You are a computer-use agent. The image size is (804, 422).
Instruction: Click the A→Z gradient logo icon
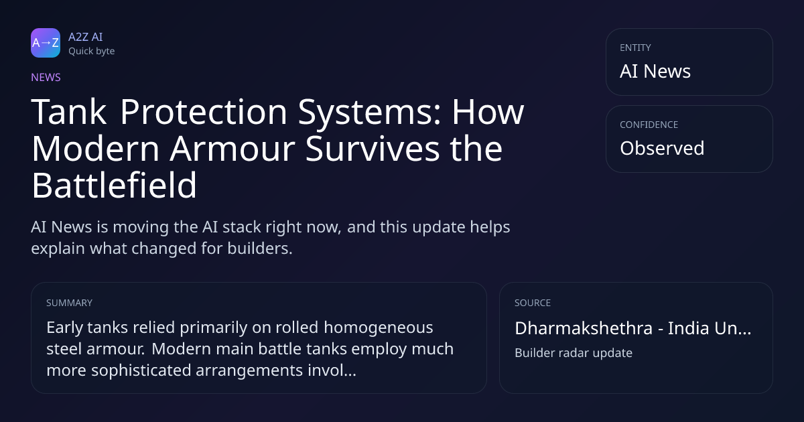(46, 43)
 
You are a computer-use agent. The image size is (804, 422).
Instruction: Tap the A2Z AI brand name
(86, 37)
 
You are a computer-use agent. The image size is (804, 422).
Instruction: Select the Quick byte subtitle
(92, 52)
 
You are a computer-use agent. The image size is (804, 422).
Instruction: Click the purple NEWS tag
(46, 78)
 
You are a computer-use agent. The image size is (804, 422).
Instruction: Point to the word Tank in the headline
(69, 112)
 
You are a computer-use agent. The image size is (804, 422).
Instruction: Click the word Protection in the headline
(204, 112)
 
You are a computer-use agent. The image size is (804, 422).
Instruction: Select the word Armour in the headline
(232, 149)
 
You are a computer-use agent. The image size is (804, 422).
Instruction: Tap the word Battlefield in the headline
(114, 185)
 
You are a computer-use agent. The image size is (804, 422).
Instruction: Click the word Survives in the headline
(373, 149)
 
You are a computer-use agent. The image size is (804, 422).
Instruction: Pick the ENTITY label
(635, 48)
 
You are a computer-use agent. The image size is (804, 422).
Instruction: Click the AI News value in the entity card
(655, 71)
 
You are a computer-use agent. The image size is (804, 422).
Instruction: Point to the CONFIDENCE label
(649, 125)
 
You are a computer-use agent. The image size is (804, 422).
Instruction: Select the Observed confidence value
(662, 148)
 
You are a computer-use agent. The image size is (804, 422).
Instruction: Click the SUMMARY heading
(69, 303)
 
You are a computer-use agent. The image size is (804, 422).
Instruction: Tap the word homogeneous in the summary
(379, 328)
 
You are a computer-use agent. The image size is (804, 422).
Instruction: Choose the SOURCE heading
(533, 303)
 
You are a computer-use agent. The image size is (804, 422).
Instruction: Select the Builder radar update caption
(574, 353)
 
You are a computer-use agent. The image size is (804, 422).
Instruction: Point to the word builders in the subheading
(260, 249)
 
